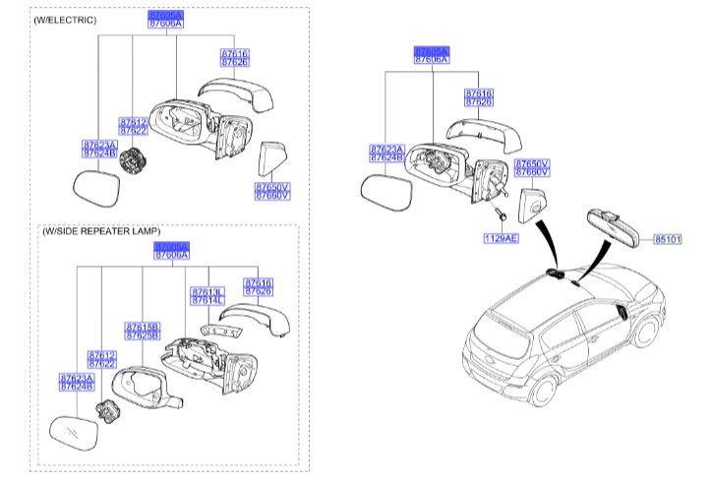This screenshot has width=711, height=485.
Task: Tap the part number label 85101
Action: tap(667, 238)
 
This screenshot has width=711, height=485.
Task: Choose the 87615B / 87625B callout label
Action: tap(142, 331)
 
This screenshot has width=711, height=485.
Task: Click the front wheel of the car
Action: tap(645, 331)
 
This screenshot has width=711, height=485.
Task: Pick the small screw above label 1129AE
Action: tap(502, 212)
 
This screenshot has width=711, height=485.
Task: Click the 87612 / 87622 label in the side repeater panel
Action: tap(102, 360)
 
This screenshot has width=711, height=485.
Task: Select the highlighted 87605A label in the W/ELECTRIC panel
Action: tap(165, 15)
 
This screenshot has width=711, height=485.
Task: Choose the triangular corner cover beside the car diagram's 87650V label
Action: tap(531, 205)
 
